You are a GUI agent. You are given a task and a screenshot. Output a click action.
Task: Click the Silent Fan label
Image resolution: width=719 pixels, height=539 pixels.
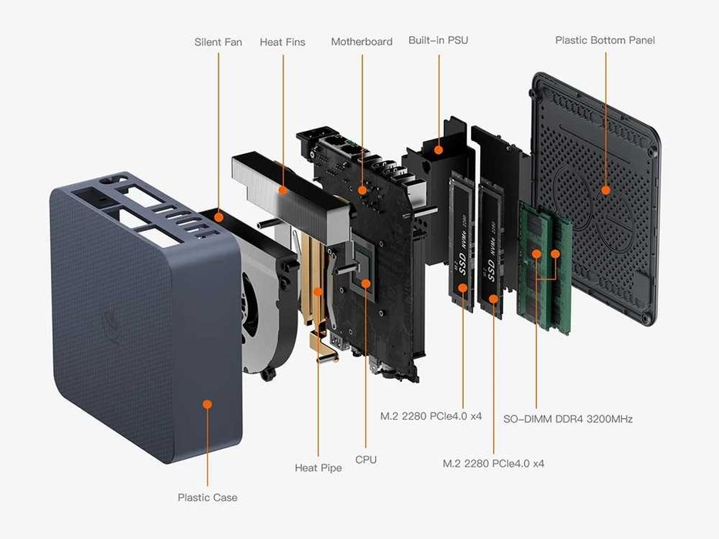pyautogui.click(x=218, y=42)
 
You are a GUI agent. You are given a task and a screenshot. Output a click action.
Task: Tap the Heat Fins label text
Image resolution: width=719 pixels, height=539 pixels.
pyautogui.click(x=283, y=42)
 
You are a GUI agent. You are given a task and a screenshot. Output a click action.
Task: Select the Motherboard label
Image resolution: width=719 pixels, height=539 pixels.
pyautogui.click(x=361, y=42)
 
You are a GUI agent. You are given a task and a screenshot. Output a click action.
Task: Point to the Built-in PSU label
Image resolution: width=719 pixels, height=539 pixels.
pyautogui.click(x=438, y=40)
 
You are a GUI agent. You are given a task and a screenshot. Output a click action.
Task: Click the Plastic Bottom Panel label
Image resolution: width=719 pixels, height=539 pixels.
pyautogui.click(x=605, y=40)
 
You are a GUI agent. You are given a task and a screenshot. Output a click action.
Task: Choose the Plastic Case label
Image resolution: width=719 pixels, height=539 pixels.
pyautogui.click(x=208, y=497)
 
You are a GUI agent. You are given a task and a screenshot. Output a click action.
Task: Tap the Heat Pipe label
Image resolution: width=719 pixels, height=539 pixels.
pyautogui.click(x=318, y=468)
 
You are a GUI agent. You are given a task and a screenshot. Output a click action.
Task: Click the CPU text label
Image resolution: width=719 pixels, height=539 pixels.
pyautogui.click(x=366, y=460)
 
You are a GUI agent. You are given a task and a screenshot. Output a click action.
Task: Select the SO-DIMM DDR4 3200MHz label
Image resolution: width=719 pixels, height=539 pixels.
pyautogui.click(x=568, y=419)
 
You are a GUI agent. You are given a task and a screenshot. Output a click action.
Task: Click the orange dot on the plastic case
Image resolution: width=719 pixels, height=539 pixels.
pyautogui.click(x=208, y=403)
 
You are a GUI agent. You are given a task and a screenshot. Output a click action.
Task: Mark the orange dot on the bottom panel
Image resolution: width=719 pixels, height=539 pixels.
pyautogui.click(x=606, y=190)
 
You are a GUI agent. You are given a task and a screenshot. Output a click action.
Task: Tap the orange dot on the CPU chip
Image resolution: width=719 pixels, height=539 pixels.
pyautogui.click(x=366, y=283)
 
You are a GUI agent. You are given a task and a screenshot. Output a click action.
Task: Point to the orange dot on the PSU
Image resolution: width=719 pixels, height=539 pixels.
pyautogui.click(x=438, y=150)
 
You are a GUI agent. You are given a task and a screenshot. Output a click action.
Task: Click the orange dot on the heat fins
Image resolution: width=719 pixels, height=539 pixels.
pyautogui.click(x=284, y=190)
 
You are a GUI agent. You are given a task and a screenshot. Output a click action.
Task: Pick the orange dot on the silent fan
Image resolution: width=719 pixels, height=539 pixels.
pyautogui.click(x=219, y=217)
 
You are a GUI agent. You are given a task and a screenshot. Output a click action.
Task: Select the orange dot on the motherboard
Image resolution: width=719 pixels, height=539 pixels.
pyautogui.click(x=362, y=190)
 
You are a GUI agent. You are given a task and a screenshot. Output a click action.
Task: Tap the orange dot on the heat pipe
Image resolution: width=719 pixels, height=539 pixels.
pyautogui.click(x=318, y=291)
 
